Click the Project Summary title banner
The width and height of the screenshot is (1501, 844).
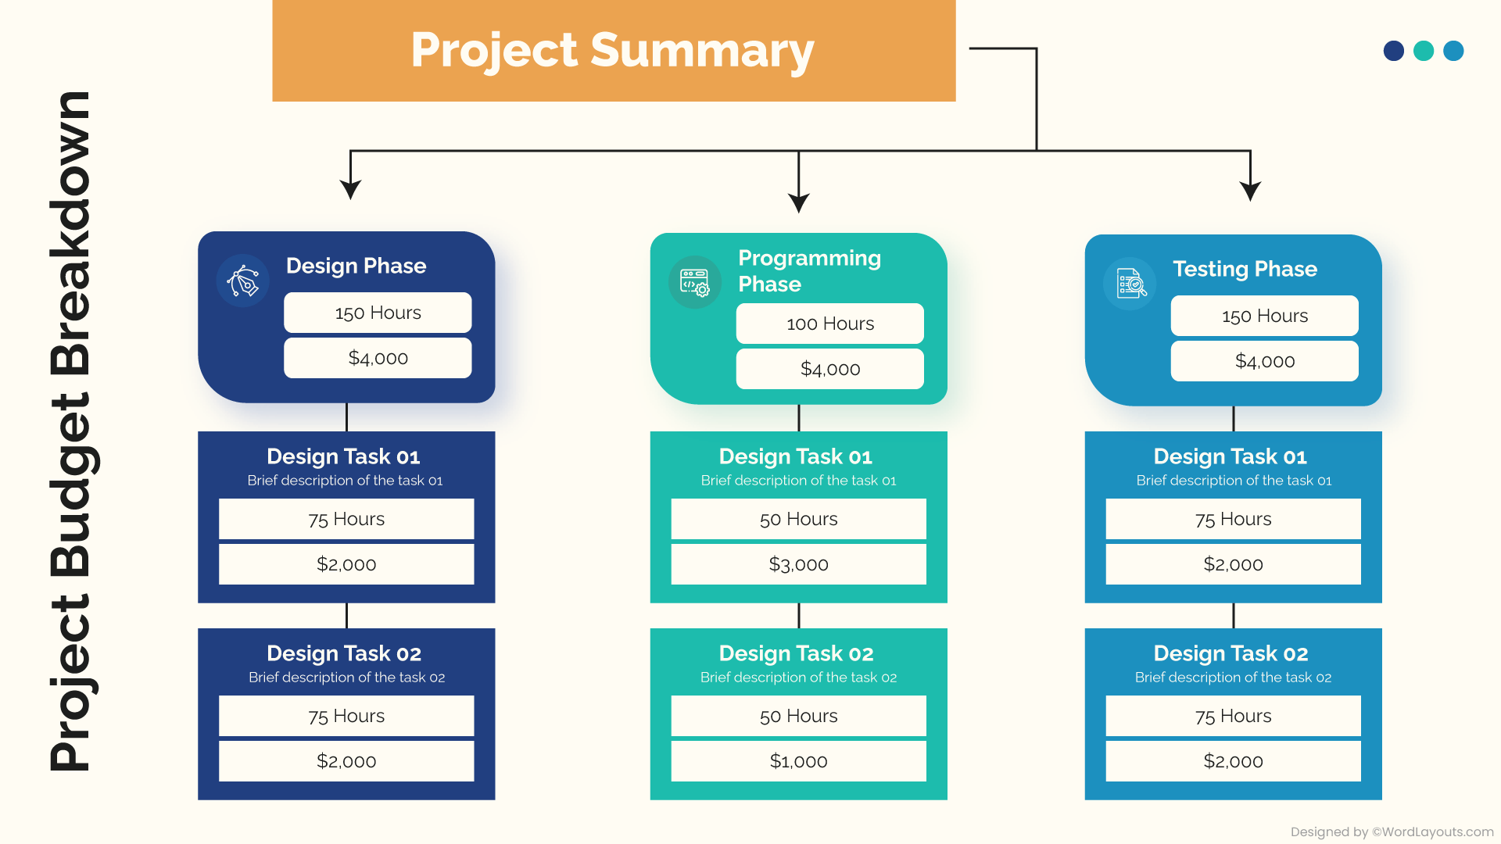[x=613, y=51]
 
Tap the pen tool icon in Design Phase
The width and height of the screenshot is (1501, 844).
[x=243, y=281]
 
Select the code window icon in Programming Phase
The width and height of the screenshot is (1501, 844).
[x=694, y=282]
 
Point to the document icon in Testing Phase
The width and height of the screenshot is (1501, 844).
[x=1130, y=284]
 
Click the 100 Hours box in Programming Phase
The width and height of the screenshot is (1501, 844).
[x=829, y=324]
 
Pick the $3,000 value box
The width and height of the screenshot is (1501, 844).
[x=798, y=564]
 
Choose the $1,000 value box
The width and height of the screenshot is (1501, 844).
[x=798, y=761]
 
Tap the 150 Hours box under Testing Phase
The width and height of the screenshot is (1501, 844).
[x=1264, y=316]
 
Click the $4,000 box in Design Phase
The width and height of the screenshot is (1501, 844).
[x=378, y=358]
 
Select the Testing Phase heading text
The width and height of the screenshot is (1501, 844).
[x=1245, y=269]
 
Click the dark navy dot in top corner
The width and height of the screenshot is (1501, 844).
[x=1393, y=51]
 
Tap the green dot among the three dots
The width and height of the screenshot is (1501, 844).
[x=1424, y=51]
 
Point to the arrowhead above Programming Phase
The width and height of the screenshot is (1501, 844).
[x=798, y=202]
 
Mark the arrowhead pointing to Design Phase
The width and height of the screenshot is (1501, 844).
[x=350, y=189]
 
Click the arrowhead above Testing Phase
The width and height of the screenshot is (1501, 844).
[x=1250, y=191]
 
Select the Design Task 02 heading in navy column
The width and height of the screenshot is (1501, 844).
[x=344, y=653]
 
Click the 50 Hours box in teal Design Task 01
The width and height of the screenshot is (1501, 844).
[x=798, y=519]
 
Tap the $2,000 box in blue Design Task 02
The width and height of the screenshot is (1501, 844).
[x=1233, y=761]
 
